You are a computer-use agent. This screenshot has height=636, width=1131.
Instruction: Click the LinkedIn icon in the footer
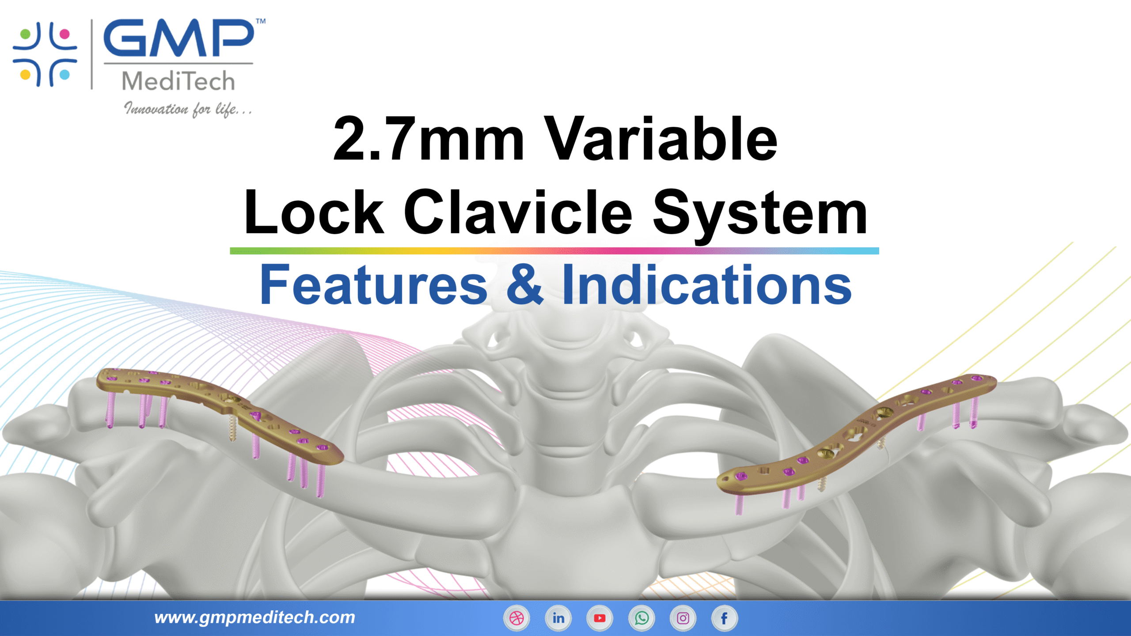point(558,618)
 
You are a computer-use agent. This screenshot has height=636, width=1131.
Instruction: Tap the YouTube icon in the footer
point(600,618)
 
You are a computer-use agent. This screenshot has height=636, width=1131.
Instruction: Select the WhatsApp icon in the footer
point(641,618)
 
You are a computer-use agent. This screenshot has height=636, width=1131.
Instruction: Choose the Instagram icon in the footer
point(683,618)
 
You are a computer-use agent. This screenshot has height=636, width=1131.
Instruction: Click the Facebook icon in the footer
point(724,618)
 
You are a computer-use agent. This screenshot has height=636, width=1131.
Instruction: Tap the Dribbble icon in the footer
point(516,618)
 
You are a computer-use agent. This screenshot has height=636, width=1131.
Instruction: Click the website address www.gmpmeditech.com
point(254,617)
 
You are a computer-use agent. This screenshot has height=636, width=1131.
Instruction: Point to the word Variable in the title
point(660,139)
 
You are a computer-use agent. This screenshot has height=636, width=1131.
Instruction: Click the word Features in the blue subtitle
point(374,285)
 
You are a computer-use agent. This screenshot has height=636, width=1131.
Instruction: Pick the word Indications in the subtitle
point(706,285)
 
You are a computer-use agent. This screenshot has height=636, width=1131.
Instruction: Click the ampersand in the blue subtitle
point(524,285)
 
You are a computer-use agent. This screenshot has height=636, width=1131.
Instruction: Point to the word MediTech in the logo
point(178,81)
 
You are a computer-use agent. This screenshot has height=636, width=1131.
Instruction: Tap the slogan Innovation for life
point(188,109)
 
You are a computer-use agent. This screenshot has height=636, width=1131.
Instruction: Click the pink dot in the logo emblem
point(65,34)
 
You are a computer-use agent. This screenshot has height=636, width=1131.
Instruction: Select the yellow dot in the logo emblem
point(25,74)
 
